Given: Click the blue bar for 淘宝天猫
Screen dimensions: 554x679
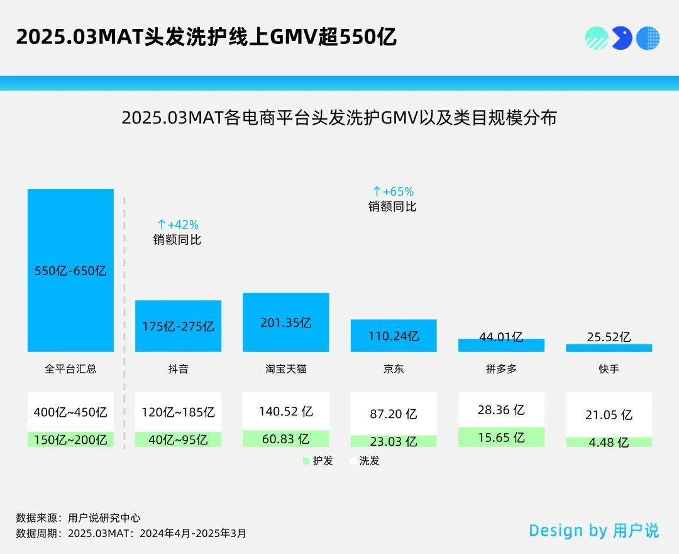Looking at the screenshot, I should (285, 322).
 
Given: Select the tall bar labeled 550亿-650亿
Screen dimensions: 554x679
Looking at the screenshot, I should (70, 270).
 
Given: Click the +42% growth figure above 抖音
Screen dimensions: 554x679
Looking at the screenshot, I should (177, 225).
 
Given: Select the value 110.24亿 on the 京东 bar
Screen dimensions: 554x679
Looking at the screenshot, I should (394, 336).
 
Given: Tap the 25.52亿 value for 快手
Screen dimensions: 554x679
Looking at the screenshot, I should (609, 337).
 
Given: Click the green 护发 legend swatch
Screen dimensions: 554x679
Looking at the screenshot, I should (307, 461).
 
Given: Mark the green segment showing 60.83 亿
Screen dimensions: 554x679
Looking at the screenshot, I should (285, 439).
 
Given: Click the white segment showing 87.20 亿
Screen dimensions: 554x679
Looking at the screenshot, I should (394, 414).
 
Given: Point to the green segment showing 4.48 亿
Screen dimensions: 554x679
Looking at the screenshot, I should (609, 443).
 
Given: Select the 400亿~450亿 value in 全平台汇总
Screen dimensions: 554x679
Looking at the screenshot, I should (70, 412).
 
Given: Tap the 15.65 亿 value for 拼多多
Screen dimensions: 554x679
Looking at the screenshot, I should (501, 438).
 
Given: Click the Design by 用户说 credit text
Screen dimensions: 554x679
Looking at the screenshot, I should (593, 531).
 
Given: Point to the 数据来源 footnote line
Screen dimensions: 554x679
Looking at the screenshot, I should (78, 518).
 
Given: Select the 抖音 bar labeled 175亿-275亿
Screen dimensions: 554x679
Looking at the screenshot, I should (178, 326).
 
